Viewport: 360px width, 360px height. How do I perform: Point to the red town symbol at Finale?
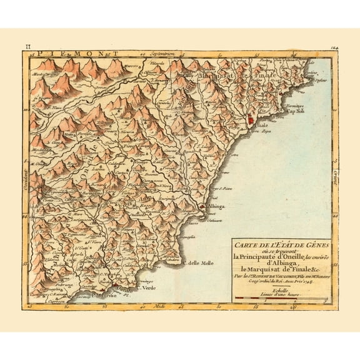pyautogui.click(x=251, y=118)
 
